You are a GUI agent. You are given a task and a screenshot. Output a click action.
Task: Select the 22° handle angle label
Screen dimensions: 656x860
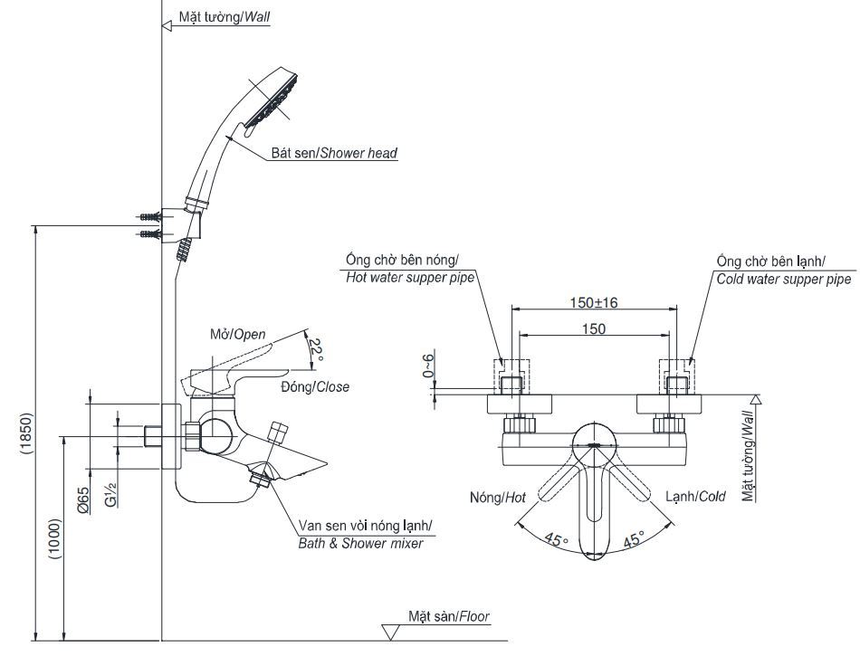(x=315, y=349)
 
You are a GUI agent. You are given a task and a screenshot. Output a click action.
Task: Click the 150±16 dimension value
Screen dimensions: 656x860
(x=594, y=301)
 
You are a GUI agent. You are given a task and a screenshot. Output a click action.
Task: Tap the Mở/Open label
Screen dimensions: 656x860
(x=238, y=334)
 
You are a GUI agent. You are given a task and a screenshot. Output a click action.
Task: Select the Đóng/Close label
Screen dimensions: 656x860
(x=314, y=386)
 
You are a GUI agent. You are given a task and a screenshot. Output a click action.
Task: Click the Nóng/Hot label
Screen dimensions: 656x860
(x=498, y=497)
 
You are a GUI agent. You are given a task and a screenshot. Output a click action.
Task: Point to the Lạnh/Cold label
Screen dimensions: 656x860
(x=695, y=497)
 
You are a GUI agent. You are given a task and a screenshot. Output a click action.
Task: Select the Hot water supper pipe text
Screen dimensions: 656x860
(x=410, y=279)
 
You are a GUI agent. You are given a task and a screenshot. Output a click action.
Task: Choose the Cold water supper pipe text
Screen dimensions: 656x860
(x=783, y=280)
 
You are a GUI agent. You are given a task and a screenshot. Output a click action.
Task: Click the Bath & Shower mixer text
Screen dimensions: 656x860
(x=360, y=543)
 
